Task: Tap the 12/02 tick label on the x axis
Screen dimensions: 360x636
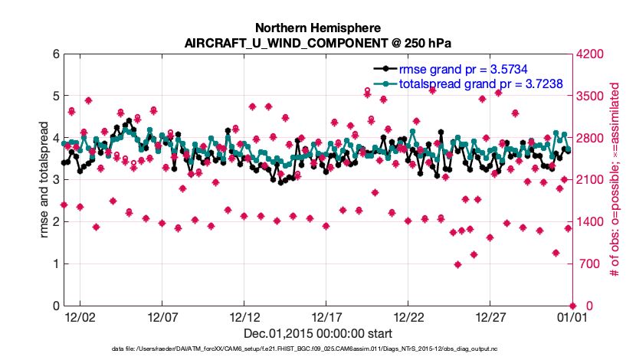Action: point(80,316)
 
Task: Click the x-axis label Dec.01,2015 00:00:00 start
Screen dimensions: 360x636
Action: point(317,333)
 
